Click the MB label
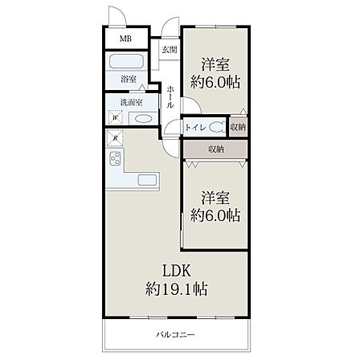[x=125, y=39]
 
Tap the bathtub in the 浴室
[x=126, y=61]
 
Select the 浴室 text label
[x=129, y=79]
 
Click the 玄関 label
[x=170, y=50]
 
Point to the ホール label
[x=170, y=97]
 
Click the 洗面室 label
[x=131, y=102]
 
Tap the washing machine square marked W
[x=116, y=117]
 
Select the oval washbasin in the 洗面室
[x=143, y=118]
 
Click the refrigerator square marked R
[x=115, y=138]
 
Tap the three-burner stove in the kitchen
[x=116, y=158]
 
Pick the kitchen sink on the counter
[x=147, y=180]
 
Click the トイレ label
[x=195, y=128]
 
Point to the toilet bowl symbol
[x=217, y=127]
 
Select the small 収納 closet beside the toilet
[x=238, y=127]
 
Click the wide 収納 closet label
[x=216, y=149]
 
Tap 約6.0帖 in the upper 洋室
[x=215, y=82]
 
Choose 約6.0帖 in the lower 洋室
[x=215, y=215]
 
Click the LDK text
[x=177, y=271]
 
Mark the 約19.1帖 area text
[x=176, y=288]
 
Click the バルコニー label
[x=176, y=334]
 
